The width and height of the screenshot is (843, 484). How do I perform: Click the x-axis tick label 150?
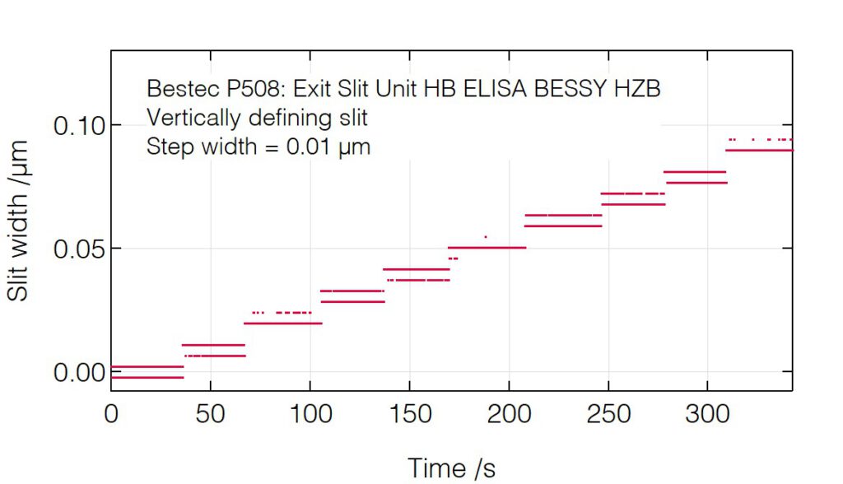409,413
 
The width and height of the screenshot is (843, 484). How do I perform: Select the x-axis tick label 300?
708,413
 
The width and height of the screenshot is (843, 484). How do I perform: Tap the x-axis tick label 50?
211,413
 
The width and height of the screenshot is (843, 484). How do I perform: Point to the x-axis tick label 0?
111,413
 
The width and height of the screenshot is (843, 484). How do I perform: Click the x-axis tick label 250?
608,413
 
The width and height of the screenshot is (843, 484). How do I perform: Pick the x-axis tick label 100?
310,413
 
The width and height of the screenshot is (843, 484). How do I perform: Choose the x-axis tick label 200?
509,413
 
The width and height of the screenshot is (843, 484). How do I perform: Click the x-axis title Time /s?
451,468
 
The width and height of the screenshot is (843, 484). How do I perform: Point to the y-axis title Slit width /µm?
20,221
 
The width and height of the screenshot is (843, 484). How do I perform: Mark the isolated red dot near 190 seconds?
486,237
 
